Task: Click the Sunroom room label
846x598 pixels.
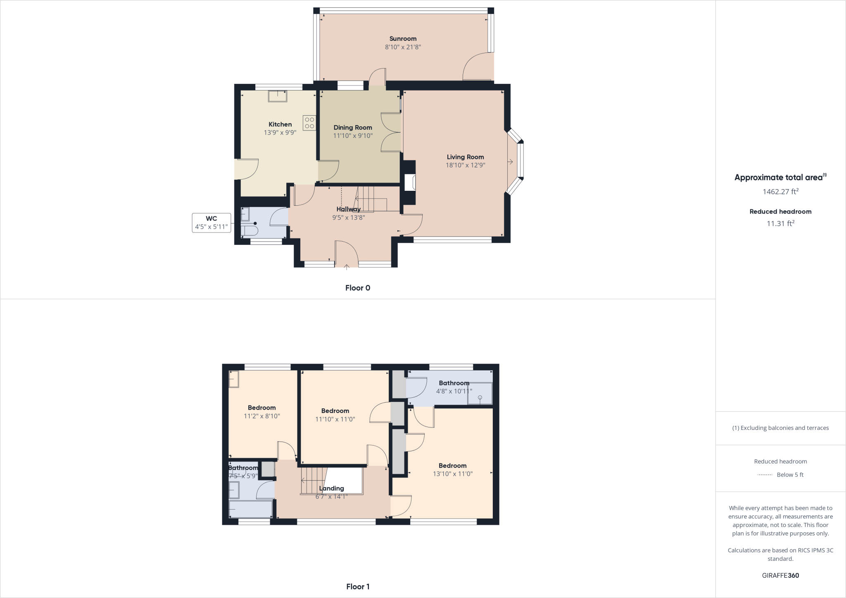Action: click(403, 39)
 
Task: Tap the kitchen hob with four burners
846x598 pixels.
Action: click(309, 123)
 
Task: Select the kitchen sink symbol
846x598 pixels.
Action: click(278, 96)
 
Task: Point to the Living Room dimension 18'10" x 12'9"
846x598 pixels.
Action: click(465, 165)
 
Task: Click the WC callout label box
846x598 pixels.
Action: click(211, 223)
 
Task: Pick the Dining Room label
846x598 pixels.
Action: click(353, 128)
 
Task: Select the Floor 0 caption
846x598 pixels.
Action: click(358, 288)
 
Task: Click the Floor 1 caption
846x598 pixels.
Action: click(358, 586)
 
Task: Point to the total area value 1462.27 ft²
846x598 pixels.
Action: click(780, 192)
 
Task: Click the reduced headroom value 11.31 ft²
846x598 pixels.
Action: click(780, 223)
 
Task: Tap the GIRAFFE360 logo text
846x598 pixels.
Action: click(780, 575)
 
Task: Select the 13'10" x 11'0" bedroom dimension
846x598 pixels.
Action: click(453, 474)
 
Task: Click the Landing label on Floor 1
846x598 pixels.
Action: click(331, 489)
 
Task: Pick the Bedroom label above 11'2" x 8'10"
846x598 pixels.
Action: click(262, 408)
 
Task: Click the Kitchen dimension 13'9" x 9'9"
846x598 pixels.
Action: click(280, 133)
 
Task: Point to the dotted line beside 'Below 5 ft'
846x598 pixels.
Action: click(765, 475)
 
